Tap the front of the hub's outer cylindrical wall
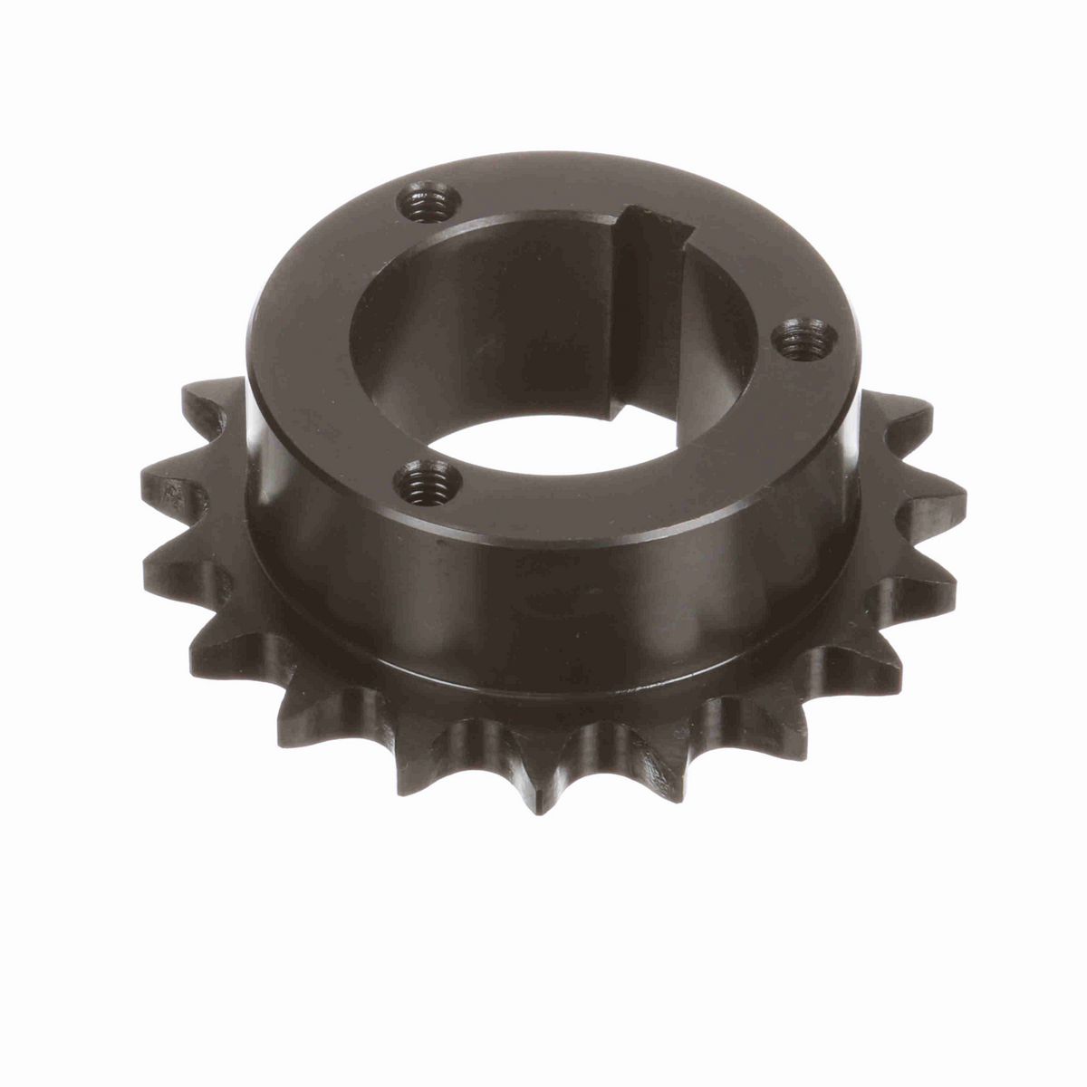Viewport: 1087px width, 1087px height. point(543,589)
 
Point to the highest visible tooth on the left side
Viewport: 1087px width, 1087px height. point(204,399)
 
